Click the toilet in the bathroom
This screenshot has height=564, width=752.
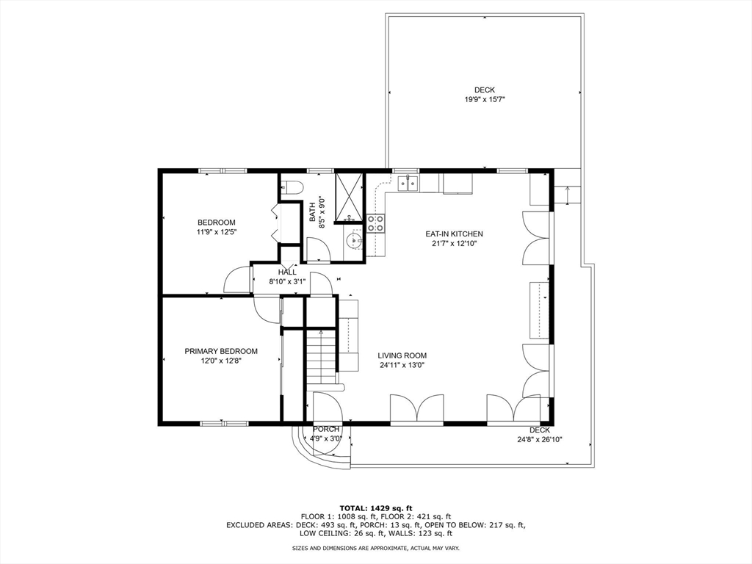click(x=292, y=187)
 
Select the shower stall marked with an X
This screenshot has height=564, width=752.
click(x=349, y=196)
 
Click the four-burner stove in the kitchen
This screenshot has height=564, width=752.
click(x=376, y=223)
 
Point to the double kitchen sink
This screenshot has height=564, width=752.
click(x=408, y=182)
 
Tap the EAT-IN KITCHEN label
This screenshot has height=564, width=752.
click(x=454, y=234)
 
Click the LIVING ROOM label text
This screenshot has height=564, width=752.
click(x=402, y=355)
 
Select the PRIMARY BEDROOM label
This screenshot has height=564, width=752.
click(x=221, y=351)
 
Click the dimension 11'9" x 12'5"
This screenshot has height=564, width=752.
click(x=217, y=232)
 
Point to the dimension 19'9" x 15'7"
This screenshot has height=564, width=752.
click(x=484, y=99)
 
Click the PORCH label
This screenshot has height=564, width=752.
click(x=326, y=429)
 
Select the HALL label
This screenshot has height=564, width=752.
click(x=287, y=272)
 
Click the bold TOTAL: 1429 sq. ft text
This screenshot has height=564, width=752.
click(x=376, y=508)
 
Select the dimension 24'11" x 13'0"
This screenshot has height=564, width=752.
click(x=402, y=365)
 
